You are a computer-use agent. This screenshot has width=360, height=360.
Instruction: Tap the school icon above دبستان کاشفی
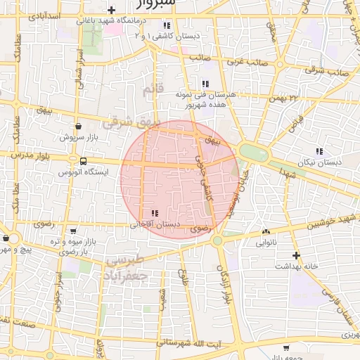tap(166, 25)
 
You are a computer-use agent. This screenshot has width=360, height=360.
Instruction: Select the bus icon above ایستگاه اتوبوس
tap(84, 161)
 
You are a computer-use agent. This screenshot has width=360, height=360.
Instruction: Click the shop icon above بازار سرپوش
tap(77, 127)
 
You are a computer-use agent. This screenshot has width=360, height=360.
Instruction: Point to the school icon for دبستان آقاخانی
tap(155, 214)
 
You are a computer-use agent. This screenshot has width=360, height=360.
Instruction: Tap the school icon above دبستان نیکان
tap(319, 150)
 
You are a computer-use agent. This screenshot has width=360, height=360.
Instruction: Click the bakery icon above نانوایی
tap(265, 232)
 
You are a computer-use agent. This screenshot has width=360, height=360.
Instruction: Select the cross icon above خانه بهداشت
tap(296, 255)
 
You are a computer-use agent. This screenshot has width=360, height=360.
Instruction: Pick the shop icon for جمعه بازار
tap(286, 348)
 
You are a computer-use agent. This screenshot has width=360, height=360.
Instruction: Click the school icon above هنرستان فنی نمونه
tap(205, 84)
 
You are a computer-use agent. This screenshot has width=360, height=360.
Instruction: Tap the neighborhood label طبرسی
tap(125, 261)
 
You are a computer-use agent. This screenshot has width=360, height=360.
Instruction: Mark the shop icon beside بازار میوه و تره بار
tap(74, 231)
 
